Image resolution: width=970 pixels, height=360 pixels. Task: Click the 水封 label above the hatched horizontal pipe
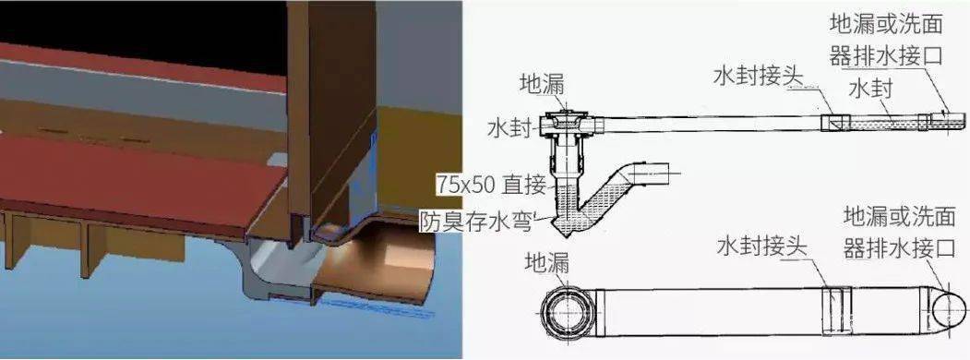(869, 90)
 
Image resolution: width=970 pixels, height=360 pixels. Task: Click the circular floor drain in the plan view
(564, 312)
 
